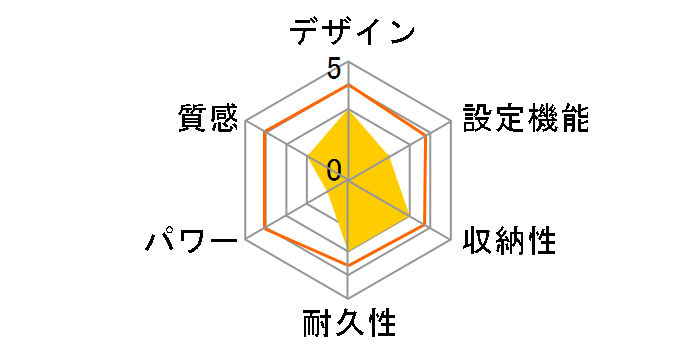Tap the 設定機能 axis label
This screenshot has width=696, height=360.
(525, 118)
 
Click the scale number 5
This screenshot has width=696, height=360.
(333, 70)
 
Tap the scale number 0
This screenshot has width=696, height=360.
(333, 168)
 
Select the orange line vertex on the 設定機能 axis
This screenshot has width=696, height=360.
(430, 134)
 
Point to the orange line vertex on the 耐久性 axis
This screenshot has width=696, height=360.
(348, 265)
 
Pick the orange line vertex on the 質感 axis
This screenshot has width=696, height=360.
(265, 134)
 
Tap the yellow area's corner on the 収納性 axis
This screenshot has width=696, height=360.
(410, 216)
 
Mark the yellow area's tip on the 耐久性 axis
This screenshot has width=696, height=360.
(348, 250)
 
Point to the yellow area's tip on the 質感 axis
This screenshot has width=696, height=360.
(308, 159)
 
